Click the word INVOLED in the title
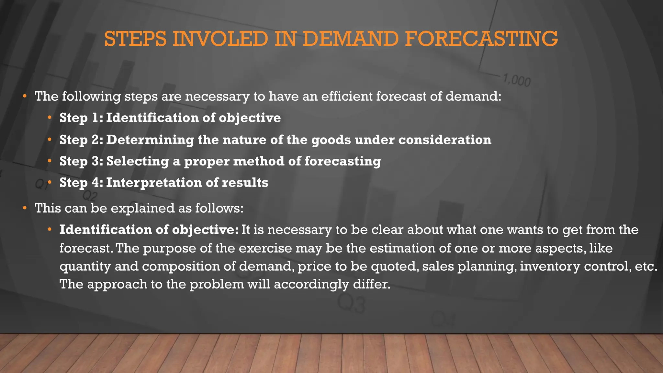coord(220,39)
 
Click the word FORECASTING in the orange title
coord(481,39)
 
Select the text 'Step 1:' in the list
coord(81,118)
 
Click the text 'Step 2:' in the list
coord(81,140)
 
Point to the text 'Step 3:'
coord(81,161)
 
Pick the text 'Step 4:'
coord(81,183)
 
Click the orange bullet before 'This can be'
coord(25,208)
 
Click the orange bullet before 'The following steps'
coord(25,96)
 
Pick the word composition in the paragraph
coord(188,266)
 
